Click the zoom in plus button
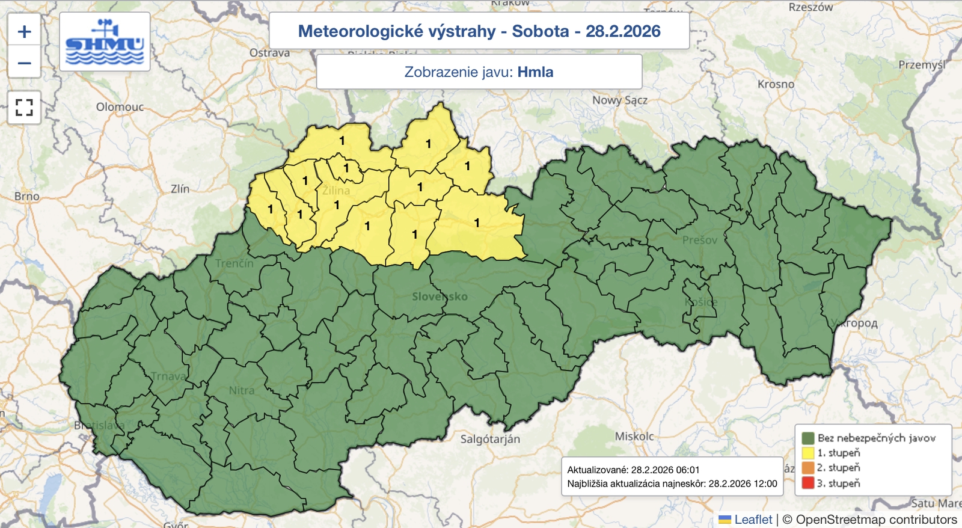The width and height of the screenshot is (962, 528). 24,31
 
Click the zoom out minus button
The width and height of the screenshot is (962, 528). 24,63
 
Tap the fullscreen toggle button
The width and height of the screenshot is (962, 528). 24,108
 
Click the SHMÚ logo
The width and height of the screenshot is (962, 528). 105,42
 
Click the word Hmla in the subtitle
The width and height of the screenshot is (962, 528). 535,72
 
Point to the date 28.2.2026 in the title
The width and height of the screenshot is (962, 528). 623,31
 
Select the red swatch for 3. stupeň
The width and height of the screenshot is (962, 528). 807,483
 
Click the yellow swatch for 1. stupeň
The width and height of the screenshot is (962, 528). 807,453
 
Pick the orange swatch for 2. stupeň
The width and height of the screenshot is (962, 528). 807,468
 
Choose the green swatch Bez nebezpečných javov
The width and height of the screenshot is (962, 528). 807,438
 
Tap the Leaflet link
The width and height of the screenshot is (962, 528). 753,520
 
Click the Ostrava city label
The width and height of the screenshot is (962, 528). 269,53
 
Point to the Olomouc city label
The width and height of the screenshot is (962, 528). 120,107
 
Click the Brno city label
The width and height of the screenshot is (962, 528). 26,197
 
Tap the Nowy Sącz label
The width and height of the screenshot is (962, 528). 620,100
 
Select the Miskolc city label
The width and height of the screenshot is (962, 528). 634,436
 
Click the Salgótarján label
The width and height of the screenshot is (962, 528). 490,439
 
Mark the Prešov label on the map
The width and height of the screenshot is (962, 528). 699,241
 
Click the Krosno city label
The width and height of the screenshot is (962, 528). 776,84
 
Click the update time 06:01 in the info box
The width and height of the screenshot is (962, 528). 687,470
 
